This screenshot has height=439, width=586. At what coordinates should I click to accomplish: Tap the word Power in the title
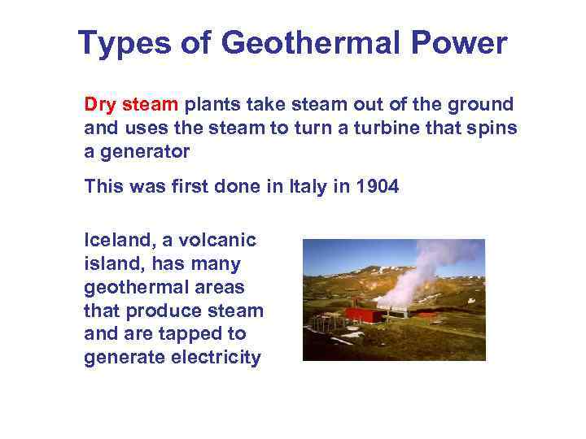coord(461,42)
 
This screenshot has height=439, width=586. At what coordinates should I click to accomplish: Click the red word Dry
coord(101,105)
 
